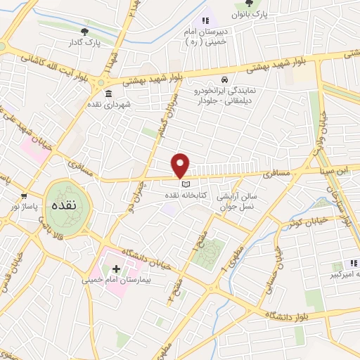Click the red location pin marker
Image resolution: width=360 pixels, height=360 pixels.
coord(181,165)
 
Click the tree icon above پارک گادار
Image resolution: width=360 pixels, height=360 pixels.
coord(85,31)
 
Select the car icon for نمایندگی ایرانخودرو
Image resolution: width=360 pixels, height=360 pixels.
coord(224,79)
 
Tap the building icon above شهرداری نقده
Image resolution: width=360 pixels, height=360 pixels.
coord(108,94)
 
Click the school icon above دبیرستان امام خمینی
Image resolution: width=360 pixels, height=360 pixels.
coord(207,22)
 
